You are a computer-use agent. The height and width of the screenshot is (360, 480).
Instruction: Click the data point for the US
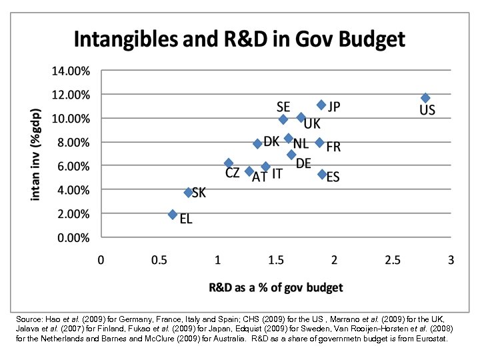[425, 98]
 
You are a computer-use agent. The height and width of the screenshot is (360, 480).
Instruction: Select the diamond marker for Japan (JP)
[321, 105]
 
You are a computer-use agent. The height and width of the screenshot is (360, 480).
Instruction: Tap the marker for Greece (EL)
[173, 215]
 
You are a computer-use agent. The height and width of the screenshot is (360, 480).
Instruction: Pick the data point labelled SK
[189, 192]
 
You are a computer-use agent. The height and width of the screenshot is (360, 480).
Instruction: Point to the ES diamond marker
[322, 174]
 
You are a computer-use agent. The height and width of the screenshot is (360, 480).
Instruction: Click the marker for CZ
[229, 163]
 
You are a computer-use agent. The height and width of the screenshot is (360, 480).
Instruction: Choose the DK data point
[257, 143]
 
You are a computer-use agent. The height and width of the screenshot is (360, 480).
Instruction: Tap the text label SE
[283, 107]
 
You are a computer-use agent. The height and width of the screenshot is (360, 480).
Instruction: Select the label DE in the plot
[303, 163]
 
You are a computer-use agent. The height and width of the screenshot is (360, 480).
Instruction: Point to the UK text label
[312, 124]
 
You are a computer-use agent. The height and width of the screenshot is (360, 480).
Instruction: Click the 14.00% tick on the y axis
[71, 70]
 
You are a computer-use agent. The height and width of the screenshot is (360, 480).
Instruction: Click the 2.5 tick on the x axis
[393, 260]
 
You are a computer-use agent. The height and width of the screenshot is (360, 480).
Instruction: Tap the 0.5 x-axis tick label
[159, 260]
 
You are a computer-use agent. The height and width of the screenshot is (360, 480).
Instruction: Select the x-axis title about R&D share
[275, 287]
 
